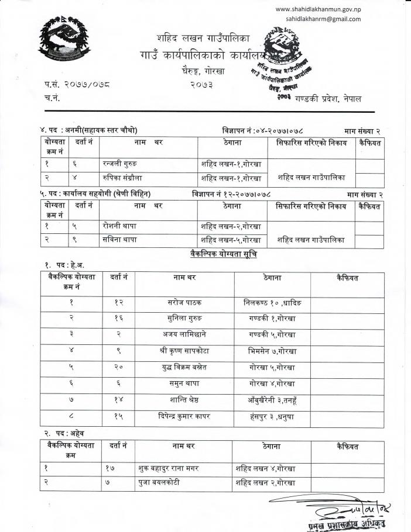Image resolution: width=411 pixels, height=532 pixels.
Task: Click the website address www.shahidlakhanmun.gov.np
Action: tap(318, 9)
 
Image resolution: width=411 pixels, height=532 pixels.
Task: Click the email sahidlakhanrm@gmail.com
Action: tap(323, 19)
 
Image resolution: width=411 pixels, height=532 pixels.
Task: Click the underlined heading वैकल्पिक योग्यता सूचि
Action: tap(223, 255)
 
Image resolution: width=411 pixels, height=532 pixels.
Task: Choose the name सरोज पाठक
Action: tap(183, 303)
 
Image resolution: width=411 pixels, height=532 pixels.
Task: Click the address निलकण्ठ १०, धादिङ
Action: tap(272, 303)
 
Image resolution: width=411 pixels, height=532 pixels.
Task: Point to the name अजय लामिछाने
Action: tap(184, 335)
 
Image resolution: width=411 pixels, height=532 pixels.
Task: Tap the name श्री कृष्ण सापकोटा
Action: tap(184, 351)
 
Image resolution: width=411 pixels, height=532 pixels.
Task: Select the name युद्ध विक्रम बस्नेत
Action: tap(184, 368)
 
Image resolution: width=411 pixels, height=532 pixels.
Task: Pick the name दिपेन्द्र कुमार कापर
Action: tap(184, 417)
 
